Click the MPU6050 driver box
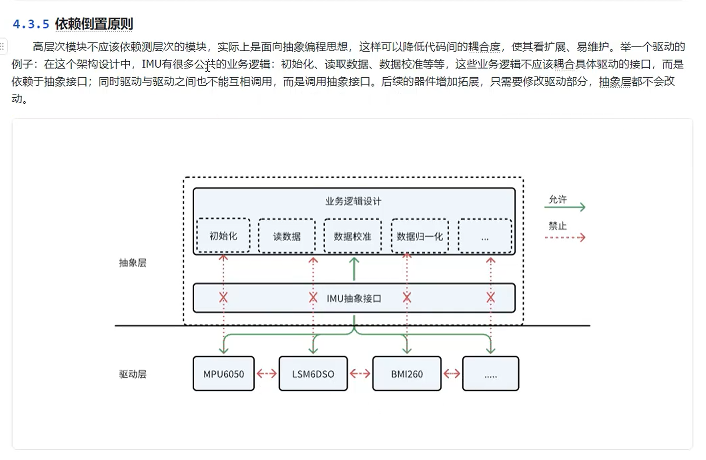(223, 374)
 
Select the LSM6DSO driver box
(313, 374)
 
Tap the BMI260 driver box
(407, 374)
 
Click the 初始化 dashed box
(223, 236)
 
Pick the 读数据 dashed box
(287, 236)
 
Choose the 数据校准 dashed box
(352, 236)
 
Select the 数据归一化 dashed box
(420, 236)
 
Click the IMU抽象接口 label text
(354, 299)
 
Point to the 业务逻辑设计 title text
(353, 201)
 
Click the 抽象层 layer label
(133, 263)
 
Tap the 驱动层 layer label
(133, 374)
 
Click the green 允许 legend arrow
(565, 206)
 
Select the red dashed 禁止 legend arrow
(565, 238)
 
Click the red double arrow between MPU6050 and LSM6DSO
(266, 373)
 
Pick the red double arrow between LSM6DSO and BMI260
(360, 373)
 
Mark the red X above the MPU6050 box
(223, 298)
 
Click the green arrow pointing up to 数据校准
(354, 269)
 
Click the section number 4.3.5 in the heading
(31, 24)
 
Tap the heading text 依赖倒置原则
(94, 24)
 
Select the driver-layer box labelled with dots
(491, 374)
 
